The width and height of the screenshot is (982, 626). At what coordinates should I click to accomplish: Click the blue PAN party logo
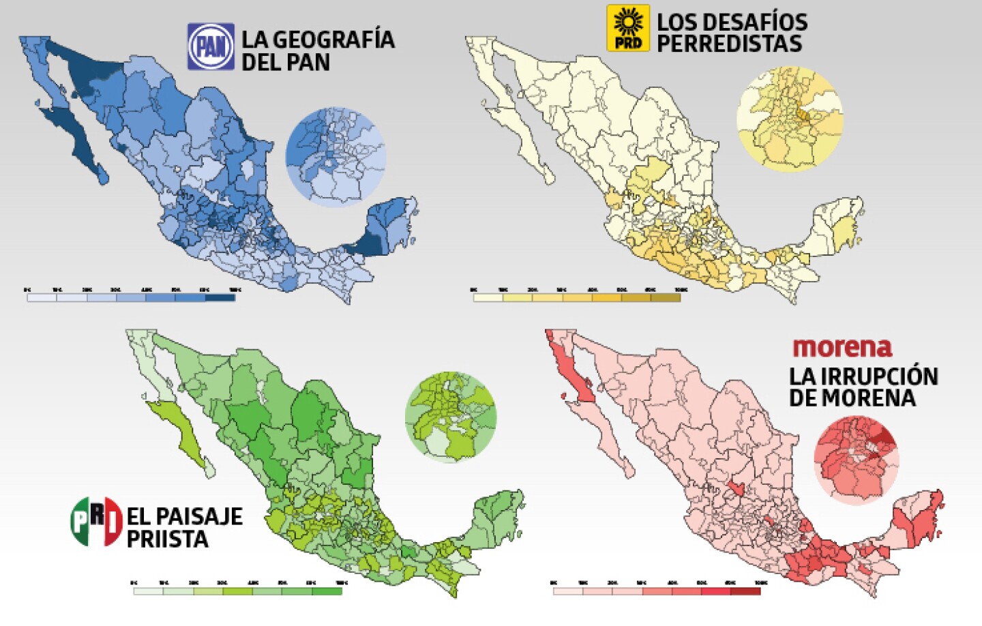point(211,46)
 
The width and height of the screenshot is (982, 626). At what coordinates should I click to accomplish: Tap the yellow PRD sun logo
point(628,28)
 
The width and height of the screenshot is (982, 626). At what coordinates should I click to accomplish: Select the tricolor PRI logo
point(96,522)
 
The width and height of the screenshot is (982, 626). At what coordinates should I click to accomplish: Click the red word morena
point(842,347)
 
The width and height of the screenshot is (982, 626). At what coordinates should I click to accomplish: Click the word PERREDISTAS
point(729,44)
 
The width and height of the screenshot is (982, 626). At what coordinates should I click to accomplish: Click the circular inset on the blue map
point(336,157)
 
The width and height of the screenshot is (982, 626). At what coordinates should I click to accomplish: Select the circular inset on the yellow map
point(790,119)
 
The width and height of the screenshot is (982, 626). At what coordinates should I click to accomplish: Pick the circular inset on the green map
point(451,417)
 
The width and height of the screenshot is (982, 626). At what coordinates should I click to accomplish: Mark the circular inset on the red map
point(856,460)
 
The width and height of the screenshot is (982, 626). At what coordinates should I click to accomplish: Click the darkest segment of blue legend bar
point(220,297)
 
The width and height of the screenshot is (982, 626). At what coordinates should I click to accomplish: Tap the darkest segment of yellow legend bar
point(666,297)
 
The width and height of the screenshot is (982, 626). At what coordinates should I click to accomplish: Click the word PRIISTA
point(167,539)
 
